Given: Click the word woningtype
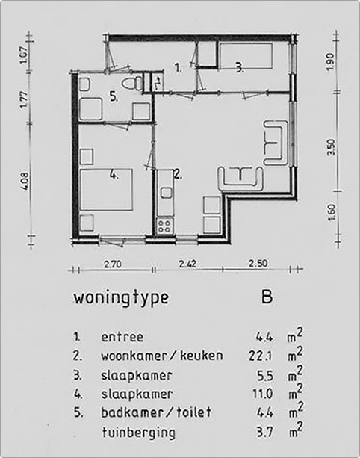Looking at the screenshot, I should (x=121, y=298).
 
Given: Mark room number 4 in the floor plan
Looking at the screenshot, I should (x=114, y=176).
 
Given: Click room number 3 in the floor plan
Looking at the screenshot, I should (x=238, y=67).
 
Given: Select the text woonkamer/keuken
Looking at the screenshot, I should (x=161, y=355).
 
